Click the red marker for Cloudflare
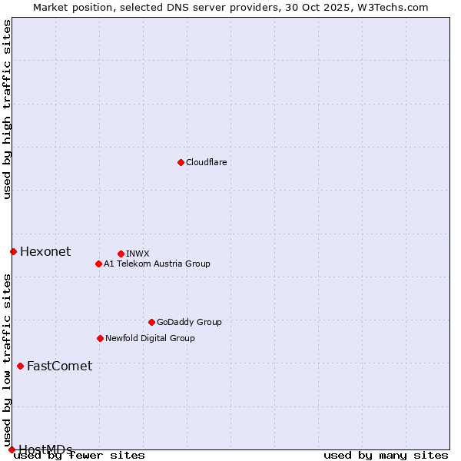pos(181,162)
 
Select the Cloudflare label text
pos(206,163)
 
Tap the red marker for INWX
pos(121,254)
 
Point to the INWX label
pos(138,254)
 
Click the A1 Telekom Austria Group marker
pos(98,264)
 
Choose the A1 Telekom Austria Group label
pos(157,264)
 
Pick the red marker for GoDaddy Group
pos(151,322)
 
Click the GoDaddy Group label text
pos(188,323)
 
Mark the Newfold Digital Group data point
pos(100,338)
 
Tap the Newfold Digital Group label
pos(150,338)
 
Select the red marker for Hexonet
pos(13,251)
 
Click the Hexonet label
pos(45,252)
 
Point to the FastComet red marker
pos(20,366)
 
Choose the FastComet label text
pos(59,366)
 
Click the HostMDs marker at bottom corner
pos(12,449)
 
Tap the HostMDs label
pos(45,449)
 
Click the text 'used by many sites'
pos(386,456)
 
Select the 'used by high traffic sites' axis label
pos(8,109)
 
